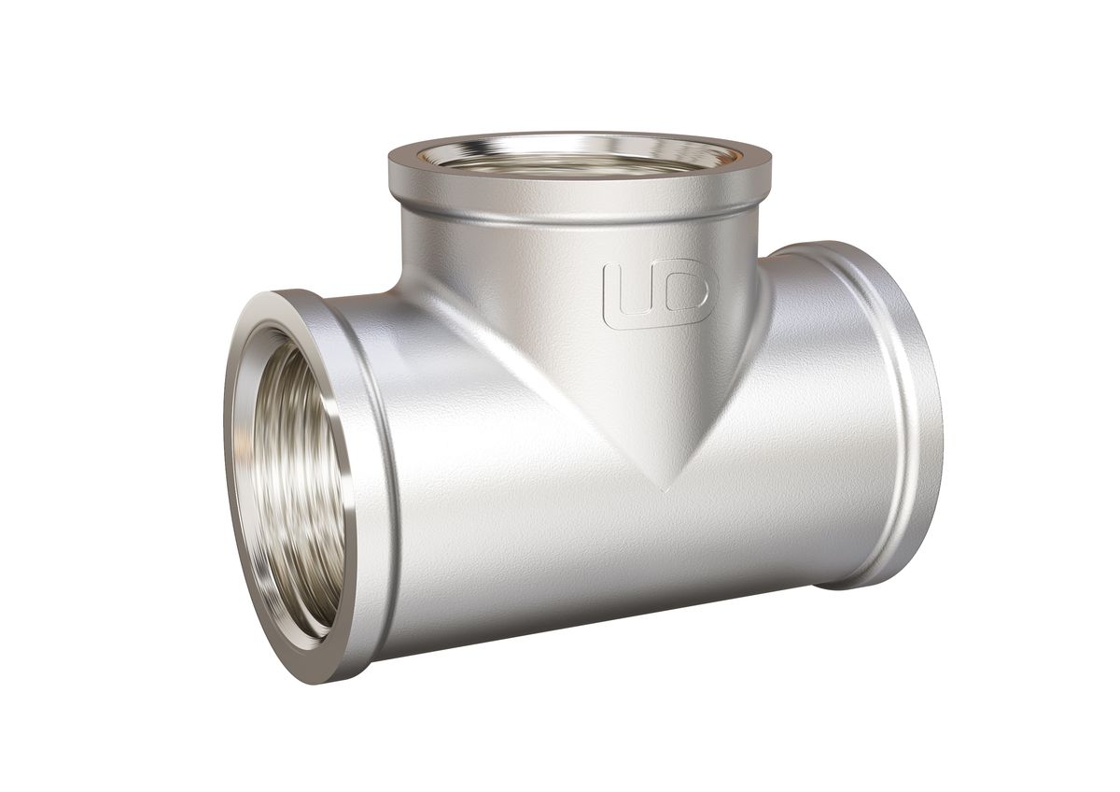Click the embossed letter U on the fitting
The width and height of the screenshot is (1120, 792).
[x=633, y=292]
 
